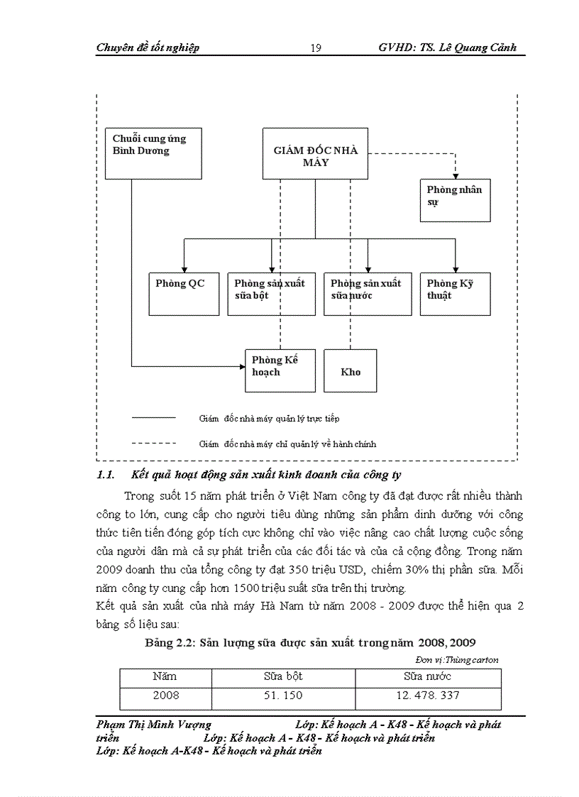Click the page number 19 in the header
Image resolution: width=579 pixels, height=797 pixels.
point(316,48)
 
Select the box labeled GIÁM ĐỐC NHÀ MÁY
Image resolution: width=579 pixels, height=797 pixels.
point(316,153)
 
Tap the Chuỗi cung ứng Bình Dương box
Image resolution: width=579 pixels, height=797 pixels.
point(155,153)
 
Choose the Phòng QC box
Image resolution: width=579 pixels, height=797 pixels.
point(184,294)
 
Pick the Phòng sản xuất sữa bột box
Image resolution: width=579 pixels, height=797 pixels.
point(271,294)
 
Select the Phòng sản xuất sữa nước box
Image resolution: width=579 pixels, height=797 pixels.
point(368,294)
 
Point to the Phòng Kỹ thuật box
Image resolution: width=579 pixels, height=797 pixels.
point(455,294)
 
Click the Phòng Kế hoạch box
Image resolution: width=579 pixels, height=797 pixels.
point(280,370)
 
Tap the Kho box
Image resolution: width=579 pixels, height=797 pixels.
point(351,370)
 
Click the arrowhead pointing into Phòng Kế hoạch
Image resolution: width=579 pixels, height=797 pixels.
point(241,367)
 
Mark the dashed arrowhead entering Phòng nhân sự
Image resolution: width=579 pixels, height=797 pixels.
point(455,175)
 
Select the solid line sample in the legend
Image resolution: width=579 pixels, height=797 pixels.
point(154,418)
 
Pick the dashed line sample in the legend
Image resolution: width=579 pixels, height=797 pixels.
point(154,443)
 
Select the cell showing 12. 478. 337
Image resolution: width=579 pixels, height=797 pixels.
point(428,696)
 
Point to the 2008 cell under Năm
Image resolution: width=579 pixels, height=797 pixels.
point(165,696)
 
